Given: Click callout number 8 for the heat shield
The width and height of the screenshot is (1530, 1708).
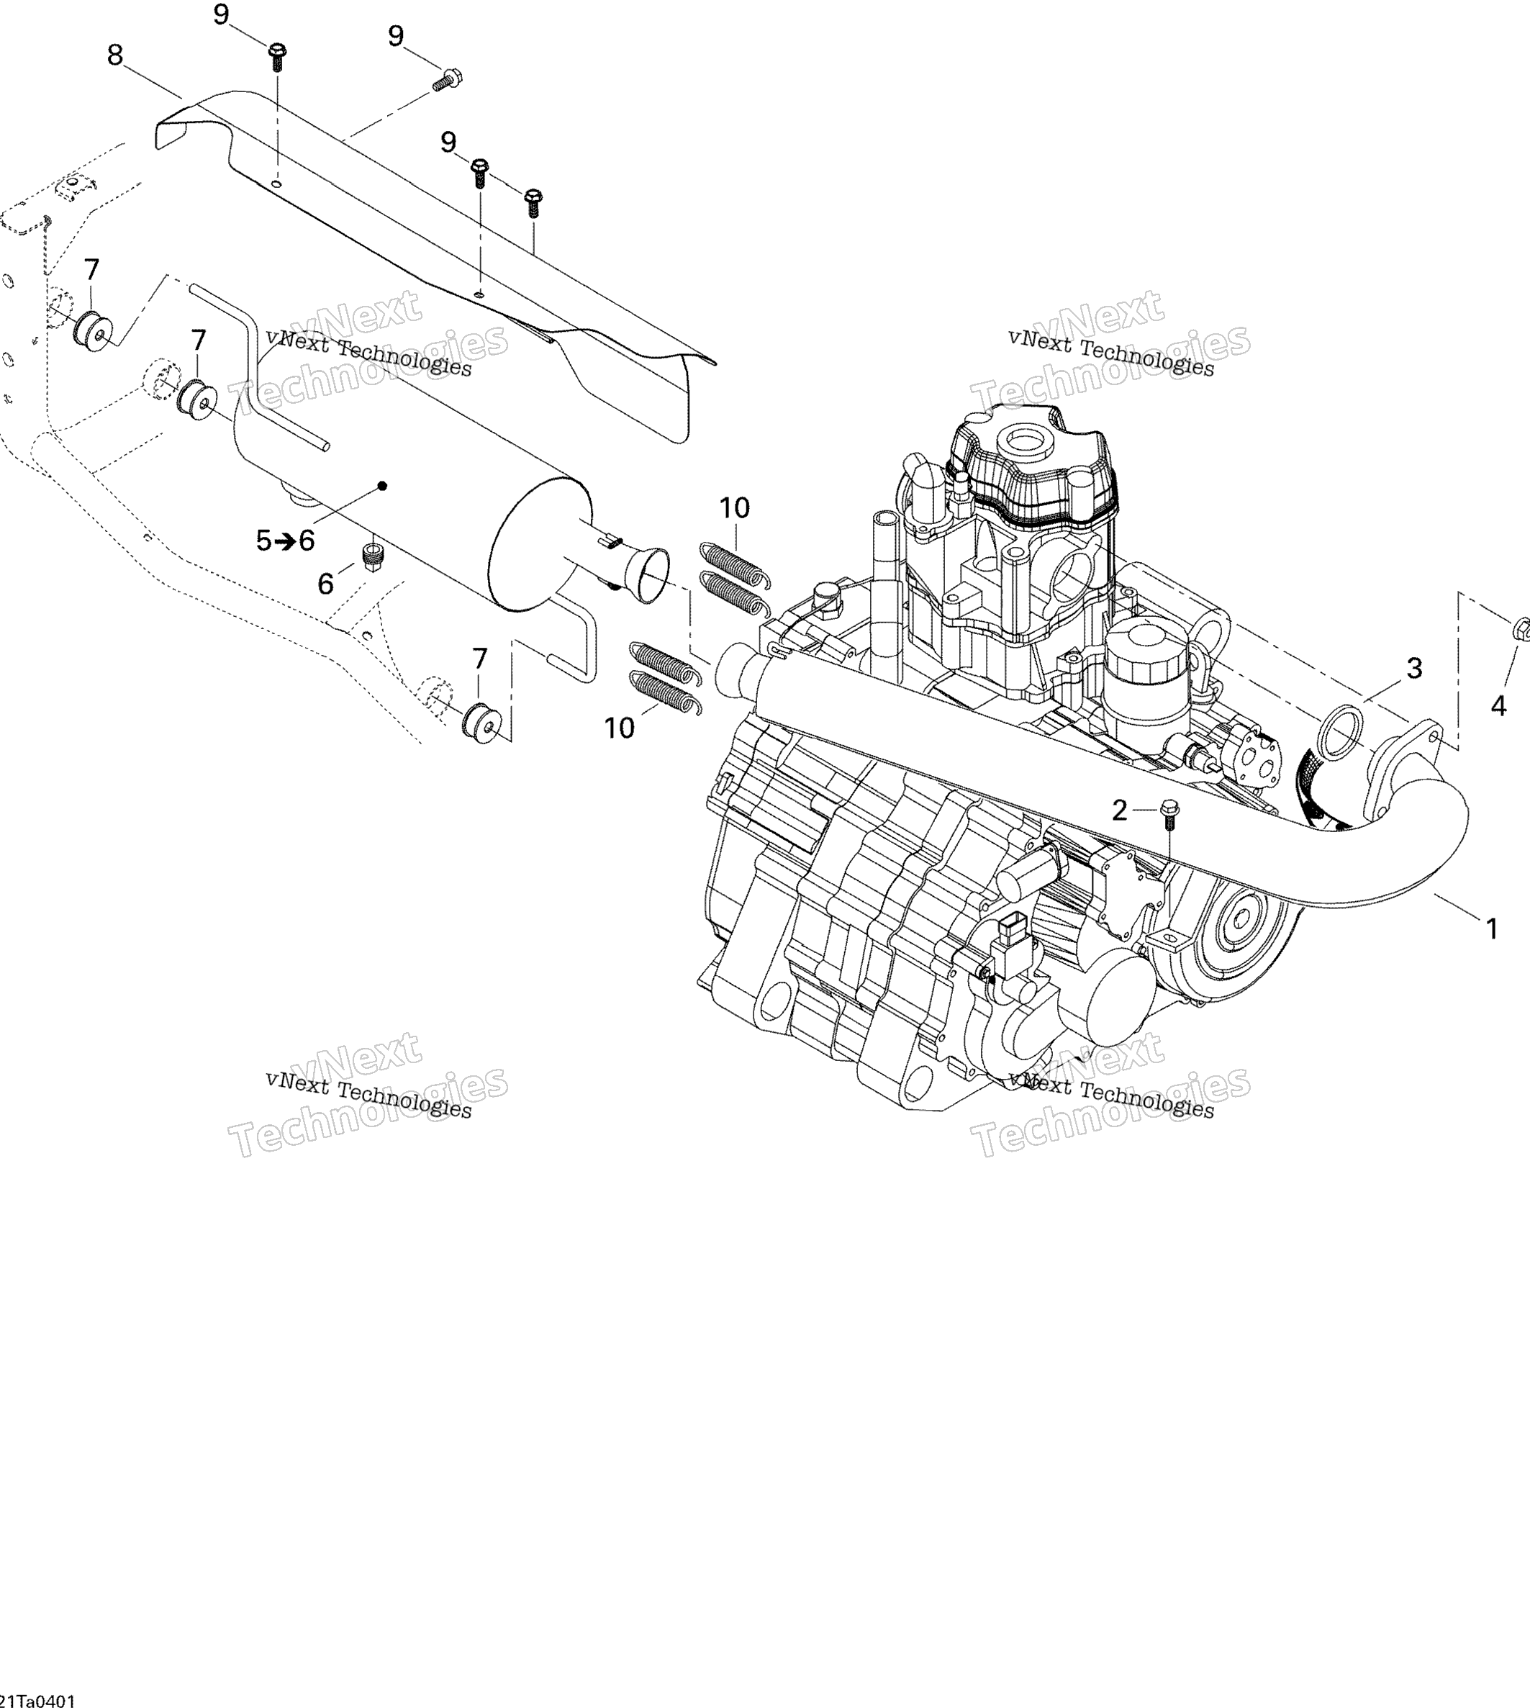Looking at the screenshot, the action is (115, 55).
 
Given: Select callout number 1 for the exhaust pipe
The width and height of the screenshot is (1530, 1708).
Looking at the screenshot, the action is (1492, 928).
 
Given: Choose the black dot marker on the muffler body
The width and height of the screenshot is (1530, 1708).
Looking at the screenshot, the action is (383, 486).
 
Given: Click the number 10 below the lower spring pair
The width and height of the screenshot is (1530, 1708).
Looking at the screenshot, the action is (620, 728).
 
